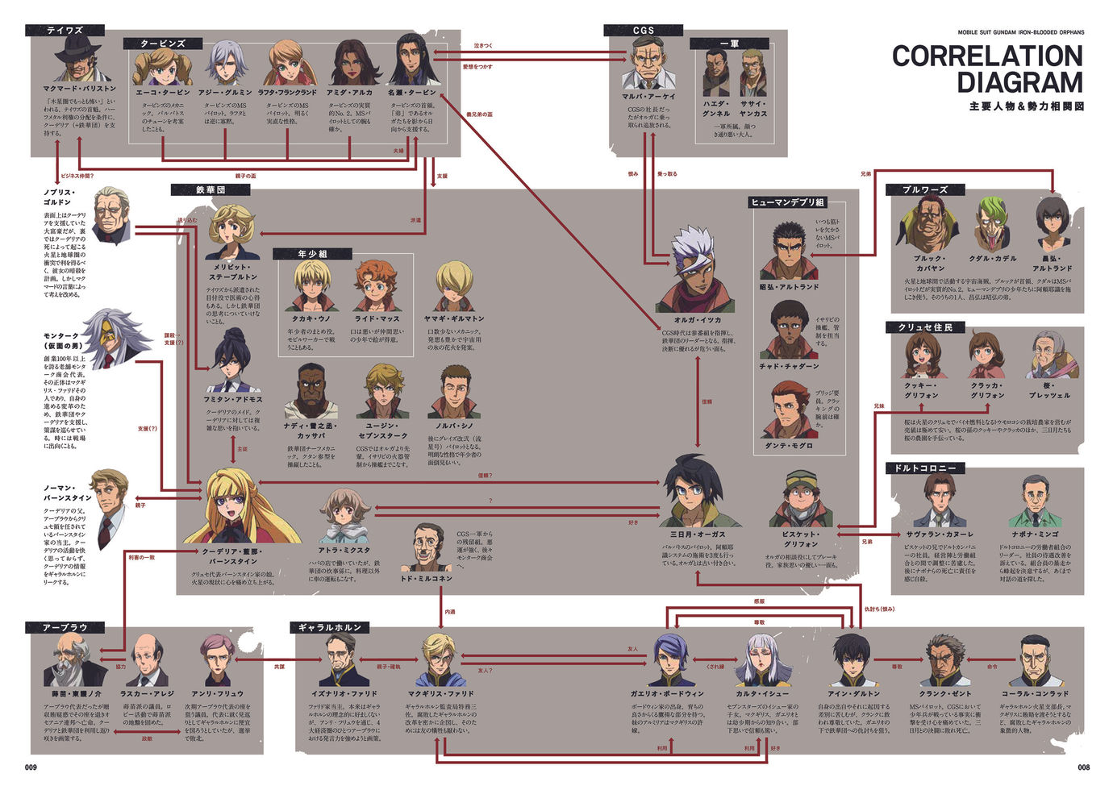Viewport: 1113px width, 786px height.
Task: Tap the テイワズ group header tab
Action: coord(65,31)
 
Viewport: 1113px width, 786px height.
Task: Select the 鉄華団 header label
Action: coord(211,190)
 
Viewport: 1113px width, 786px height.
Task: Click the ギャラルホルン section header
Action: coord(330,627)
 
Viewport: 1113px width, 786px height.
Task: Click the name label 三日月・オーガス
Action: coord(698,534)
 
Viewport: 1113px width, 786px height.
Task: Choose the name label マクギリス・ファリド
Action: coord(440,693)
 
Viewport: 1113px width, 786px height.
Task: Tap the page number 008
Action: coord(1083,767)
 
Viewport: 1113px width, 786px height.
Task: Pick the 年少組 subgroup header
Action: coord(312,254)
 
